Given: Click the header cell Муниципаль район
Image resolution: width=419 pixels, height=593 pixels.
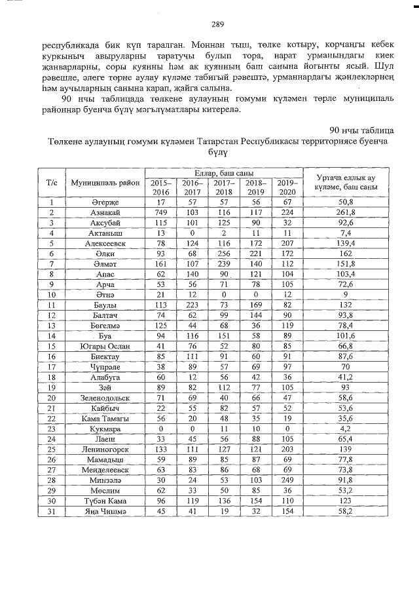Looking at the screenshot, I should click(105, 183).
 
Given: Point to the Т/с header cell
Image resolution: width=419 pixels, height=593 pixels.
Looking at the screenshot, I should click(51, 183).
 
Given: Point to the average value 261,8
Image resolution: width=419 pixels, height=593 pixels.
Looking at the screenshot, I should click(344, 213).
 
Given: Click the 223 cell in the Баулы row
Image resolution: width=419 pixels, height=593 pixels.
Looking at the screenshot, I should click(192, 305).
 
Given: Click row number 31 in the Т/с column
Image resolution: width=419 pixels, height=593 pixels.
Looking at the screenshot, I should click(51, 510).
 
